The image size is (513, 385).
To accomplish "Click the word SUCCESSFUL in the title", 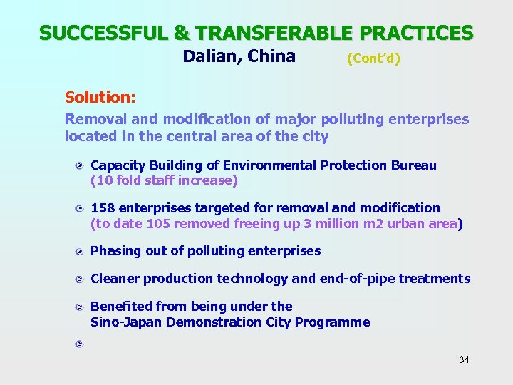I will [95, 33].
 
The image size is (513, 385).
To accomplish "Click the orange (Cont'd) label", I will [373, 58].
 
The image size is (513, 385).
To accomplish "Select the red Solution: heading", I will [100, 96].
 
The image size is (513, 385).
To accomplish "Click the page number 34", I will [464, 359].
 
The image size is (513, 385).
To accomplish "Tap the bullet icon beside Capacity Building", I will [82, 165].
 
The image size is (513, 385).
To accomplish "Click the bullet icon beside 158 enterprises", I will [82, 208].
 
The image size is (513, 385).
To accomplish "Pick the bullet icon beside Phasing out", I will [82, 251].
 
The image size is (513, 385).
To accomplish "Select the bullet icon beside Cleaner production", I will [82, 279].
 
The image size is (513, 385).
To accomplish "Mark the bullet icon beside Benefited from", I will [82, 307].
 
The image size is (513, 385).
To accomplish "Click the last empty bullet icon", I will [82, 344].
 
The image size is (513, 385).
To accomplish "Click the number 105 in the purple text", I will [157, 224].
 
